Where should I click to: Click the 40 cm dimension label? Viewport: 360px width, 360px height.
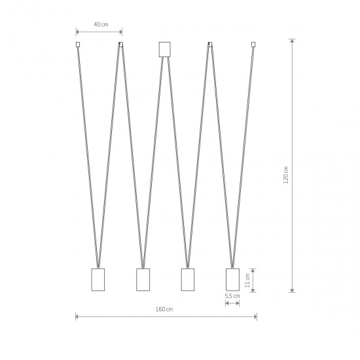click(101, 24)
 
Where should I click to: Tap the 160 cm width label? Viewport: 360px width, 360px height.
click(164, 309)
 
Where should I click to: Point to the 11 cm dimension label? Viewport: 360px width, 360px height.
click(247, 280)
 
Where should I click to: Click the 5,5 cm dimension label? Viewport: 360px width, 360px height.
click(232, 296)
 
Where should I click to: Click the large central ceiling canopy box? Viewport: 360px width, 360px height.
click(164, 49)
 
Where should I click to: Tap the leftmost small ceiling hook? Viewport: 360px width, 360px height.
click(78, 45)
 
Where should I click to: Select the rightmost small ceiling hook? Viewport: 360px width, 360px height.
click(253, 45)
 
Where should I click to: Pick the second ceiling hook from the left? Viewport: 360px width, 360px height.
click(121, 45)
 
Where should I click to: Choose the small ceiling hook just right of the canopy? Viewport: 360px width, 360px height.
click(210, 45)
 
